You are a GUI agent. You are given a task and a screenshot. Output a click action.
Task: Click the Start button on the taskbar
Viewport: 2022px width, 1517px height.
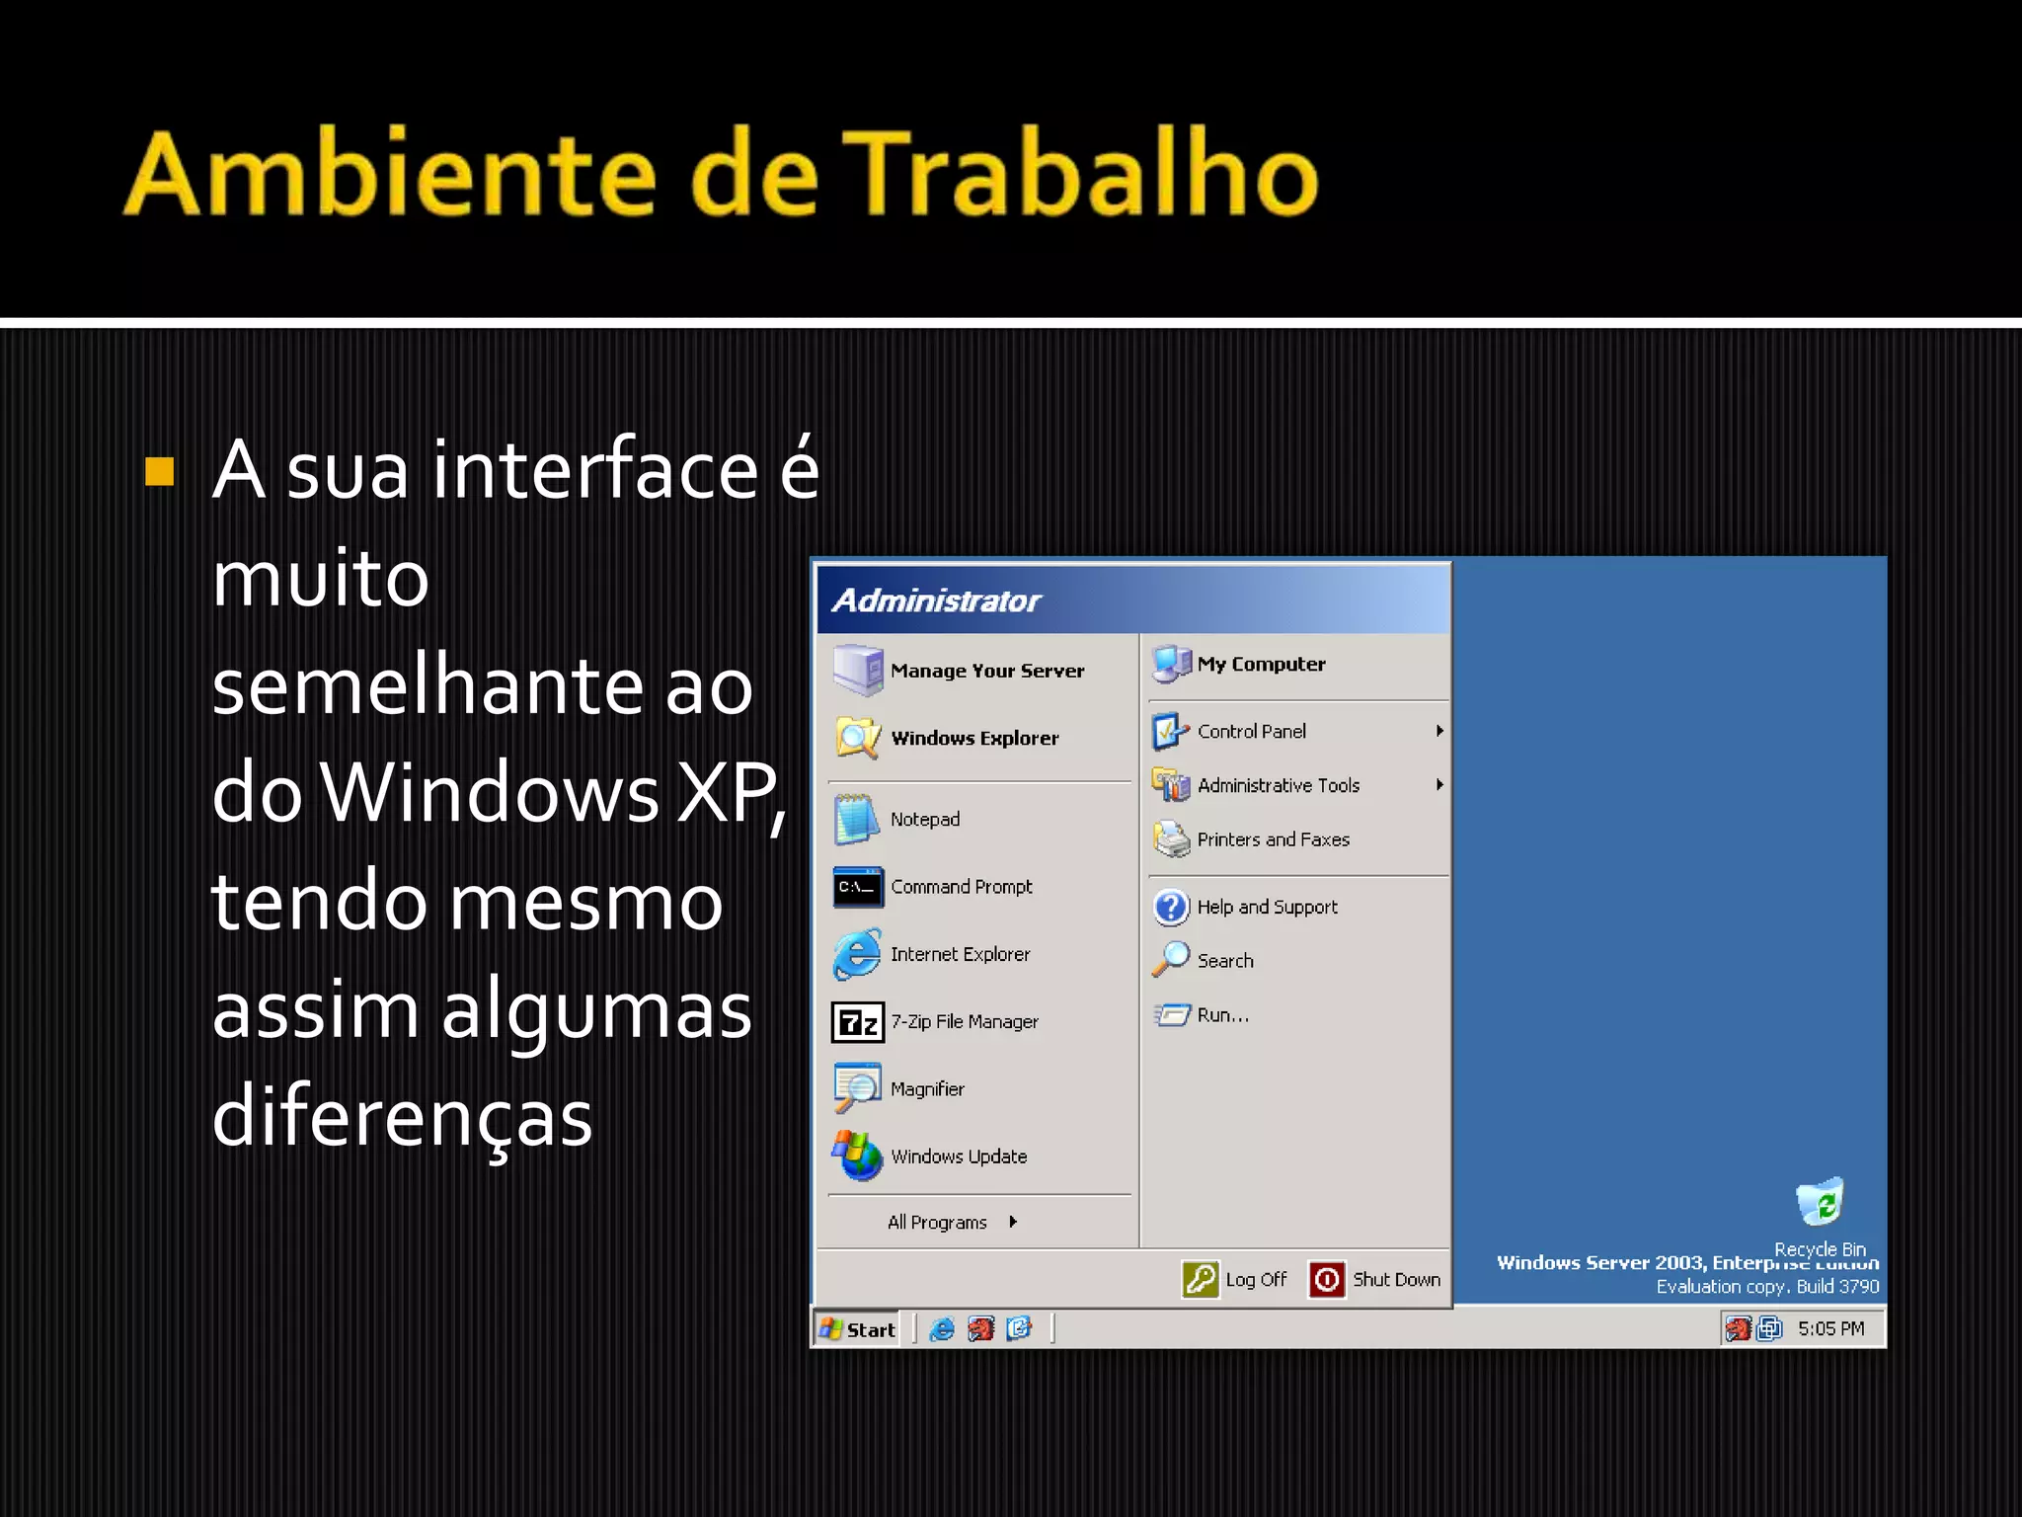point(858,1329)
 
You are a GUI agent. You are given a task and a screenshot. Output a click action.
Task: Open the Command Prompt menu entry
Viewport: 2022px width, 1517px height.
point(961,887)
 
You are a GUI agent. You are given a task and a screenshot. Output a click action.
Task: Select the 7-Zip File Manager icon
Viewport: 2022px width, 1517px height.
point(856,1022)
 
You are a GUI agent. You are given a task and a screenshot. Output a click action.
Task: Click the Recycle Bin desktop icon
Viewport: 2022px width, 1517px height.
point(1820,1203)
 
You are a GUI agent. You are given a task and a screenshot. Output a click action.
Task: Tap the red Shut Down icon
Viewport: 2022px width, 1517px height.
point(1327,1280)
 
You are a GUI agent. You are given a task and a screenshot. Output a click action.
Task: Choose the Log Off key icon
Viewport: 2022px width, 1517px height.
point(1201,1280)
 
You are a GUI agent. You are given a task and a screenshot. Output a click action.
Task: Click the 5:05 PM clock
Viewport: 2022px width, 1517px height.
point(1830,1329)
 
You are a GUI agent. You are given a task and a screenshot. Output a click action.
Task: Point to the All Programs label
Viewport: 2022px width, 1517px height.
point(937,1223)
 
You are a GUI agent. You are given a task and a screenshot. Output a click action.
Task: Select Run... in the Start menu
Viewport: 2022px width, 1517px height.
point(1222,1015)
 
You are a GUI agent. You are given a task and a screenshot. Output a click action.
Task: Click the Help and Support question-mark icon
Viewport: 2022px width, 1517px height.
point(1172,907)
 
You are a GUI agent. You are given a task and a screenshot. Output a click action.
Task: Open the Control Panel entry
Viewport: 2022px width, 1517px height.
point(1251,732)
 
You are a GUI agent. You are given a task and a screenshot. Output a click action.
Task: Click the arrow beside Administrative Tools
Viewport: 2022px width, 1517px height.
point(1439,785)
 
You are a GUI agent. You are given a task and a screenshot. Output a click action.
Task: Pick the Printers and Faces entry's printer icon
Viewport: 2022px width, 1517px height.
point(1172,839)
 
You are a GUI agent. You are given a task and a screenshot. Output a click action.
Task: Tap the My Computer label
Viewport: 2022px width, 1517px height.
point(1261,665)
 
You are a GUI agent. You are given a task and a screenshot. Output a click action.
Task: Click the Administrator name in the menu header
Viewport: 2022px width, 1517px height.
point(936,600)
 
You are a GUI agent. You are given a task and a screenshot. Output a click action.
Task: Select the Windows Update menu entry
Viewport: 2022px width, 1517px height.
point(958,1157)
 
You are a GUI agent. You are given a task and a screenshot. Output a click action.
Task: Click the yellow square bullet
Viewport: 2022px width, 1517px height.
point(159,472)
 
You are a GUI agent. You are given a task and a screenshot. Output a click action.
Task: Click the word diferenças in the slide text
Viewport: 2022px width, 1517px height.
point(402,1118)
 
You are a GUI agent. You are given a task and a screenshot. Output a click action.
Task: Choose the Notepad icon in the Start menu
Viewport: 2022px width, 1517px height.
point(855,820)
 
